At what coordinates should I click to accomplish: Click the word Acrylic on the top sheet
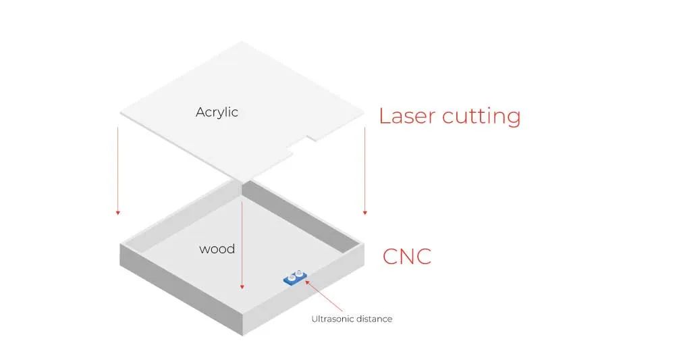(x=217, y=112)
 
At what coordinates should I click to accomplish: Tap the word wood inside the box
(x=217, y=249)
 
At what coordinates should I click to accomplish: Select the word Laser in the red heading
(x=407, y=115)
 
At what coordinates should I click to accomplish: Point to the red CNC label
(x=406, y=257)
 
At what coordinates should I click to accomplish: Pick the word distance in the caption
(x=375, y=319)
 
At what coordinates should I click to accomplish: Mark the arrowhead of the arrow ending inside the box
(x=242, y=287)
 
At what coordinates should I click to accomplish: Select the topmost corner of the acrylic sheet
(x=241, y=42)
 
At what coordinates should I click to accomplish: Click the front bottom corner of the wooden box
(x=242, y=334)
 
